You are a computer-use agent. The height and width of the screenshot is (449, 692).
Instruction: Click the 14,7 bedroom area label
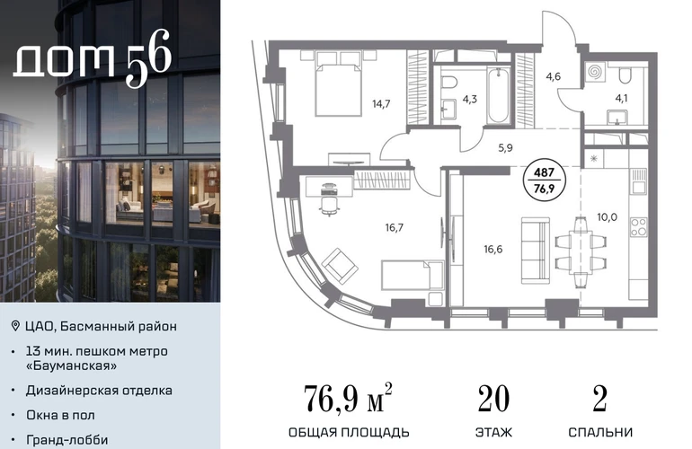click(381, 104)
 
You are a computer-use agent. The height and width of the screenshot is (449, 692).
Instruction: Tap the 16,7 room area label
click(395, 227)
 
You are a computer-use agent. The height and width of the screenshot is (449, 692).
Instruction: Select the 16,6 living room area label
click(493, 250)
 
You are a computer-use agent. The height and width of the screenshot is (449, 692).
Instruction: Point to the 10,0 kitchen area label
click(607, 217)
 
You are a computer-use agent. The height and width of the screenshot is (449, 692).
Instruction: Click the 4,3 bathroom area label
click(469, 100)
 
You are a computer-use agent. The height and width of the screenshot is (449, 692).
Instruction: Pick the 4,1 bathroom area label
click(621, 98)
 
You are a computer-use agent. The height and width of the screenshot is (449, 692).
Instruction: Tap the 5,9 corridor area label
click(505, 148)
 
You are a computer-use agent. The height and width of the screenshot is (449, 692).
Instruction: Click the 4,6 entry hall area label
click(553, 76)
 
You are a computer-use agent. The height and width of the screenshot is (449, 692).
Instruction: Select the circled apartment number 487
click(544, 172)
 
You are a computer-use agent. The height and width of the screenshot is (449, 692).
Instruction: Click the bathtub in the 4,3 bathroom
click(499, 96)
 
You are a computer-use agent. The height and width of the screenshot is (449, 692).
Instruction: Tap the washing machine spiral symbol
click(594, 72)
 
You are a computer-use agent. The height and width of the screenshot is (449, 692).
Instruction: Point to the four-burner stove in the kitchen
click(639, 227)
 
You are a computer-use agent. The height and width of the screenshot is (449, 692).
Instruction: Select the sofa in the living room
click(536, 251)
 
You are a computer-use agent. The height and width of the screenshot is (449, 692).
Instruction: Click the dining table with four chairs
click(580, 252)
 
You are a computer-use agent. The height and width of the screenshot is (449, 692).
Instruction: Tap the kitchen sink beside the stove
click(639, 182)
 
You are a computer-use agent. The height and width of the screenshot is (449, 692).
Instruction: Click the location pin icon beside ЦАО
click(15, 326)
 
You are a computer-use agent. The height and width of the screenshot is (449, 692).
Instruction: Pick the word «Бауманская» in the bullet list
click(72, 366)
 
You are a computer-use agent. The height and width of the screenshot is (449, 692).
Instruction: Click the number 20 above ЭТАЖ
click(493, 399)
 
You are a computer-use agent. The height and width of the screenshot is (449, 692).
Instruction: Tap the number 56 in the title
click(148, 57)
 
